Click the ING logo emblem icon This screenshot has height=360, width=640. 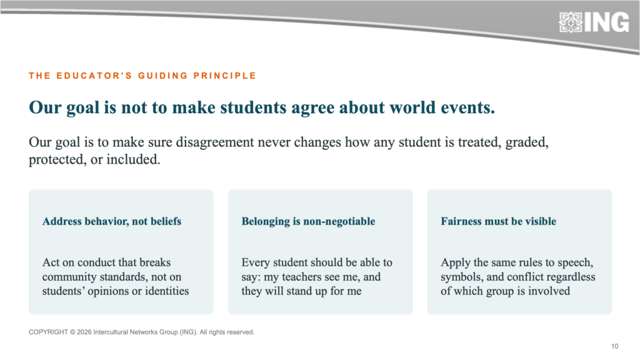tap(571, 22)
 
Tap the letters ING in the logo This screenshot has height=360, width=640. tap(607, 22)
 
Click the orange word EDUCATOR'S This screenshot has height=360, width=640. tap(94, 76)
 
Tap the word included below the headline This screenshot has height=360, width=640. tap(133, 159)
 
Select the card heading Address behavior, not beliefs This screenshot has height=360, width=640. tap(112, 221)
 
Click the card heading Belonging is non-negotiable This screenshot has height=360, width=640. tap(308, 221)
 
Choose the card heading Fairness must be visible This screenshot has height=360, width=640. tap(498, 221)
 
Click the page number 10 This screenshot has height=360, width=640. tap(615, 346)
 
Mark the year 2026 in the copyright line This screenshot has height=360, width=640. tap(84, 332)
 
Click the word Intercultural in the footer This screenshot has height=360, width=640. tap(111, 332)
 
